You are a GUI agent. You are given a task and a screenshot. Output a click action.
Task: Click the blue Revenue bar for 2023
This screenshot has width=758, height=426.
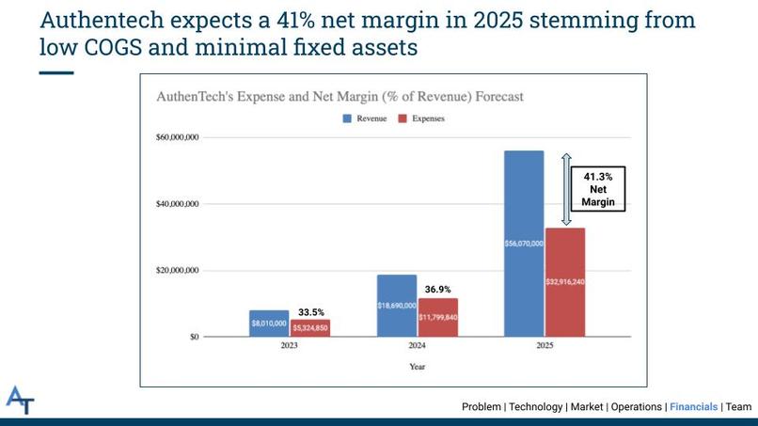269,323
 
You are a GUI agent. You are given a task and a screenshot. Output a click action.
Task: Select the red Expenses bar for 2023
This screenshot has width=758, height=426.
309,327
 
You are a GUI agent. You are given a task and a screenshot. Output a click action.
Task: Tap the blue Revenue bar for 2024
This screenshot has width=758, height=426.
397,306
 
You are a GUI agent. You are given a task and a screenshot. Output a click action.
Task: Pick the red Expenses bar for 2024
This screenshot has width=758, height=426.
437,317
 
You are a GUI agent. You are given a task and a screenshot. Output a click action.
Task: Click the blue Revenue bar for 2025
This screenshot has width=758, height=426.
524,243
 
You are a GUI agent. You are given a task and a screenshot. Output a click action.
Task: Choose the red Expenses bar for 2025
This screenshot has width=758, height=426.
565,281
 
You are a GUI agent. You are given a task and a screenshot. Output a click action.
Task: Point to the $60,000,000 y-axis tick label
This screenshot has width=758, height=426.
177,137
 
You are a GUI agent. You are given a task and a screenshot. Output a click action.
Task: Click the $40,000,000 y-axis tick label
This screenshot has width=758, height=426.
177,204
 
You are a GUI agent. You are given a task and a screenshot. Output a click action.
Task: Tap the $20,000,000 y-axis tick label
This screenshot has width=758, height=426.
177,271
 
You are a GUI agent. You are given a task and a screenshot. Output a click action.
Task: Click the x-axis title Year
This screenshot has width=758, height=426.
417,367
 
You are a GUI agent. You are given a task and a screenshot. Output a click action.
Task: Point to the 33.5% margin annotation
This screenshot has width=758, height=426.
312,312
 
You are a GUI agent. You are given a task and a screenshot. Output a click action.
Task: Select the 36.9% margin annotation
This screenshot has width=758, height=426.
439,290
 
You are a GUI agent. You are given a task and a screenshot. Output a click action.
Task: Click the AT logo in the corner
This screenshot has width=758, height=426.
20,400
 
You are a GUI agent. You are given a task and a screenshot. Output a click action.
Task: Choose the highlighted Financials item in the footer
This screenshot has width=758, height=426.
693,407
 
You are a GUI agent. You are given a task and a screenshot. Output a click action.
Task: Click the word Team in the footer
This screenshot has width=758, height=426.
738,407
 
